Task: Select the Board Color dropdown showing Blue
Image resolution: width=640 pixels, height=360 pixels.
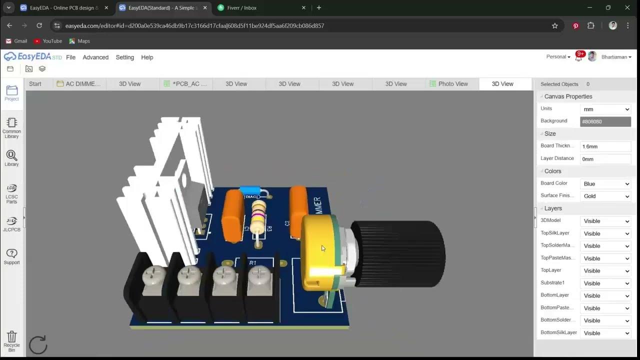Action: pyautogui.click(x=605, y=184)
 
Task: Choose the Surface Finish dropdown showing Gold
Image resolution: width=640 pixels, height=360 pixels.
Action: pyautogui.click(x=605, y=196)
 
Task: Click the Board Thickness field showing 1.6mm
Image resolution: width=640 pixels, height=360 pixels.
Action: pyautogui.click(x=605, y=146)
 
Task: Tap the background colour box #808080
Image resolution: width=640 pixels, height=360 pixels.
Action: pyautogui.click(x=605, y=121)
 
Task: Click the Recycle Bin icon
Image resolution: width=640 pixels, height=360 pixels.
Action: pyautogui.click(x=12, y=339)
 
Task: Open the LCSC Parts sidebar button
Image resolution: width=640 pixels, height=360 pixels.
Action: pyautogui.click(x=12, y=193)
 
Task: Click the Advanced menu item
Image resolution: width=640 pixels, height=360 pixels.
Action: pyautogui.click(x=95, y=57)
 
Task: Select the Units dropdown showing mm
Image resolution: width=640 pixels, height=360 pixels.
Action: pyautogui.click(x=605, y=109)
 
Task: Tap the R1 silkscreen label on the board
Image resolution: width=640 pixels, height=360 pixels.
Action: pyautogui.click(x=252, y=262)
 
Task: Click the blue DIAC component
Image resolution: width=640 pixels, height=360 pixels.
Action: pyautogui.click(x=249, y=190)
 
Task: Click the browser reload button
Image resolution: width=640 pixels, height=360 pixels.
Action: pyautogui.click(x=39, y=25)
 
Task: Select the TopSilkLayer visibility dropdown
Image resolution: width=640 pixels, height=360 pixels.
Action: pyautogui.click(x=605, y=233)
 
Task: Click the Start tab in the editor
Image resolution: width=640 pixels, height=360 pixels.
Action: pyautogui.click(x=35, y=84)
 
